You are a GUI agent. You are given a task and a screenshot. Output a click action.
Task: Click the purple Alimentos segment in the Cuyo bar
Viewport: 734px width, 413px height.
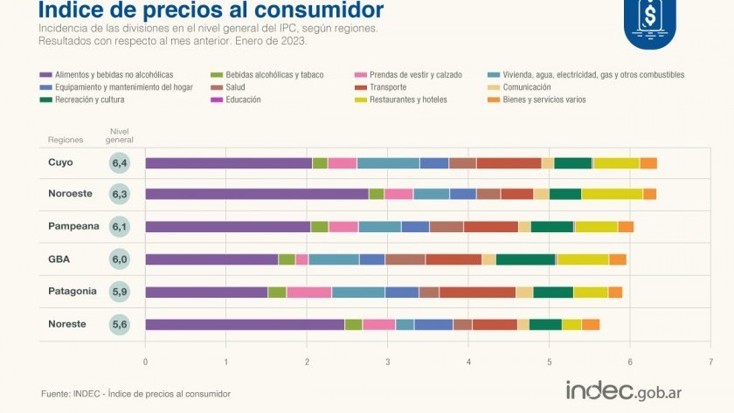228,162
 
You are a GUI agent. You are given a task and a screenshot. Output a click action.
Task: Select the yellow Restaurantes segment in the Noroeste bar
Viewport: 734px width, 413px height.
612,194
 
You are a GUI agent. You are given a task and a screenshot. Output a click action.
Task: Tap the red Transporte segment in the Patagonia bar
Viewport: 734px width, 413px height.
477,292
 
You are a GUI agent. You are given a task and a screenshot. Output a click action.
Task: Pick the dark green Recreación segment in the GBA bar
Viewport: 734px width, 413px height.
525,259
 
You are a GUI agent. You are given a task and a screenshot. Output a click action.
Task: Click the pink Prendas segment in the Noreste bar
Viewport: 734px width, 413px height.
378,324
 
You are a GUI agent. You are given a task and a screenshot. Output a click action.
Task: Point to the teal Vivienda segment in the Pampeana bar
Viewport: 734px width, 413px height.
379,227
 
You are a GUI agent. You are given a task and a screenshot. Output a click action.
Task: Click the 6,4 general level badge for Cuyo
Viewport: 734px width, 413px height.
120,162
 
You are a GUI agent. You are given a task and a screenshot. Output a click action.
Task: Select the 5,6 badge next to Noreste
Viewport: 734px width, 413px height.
120,324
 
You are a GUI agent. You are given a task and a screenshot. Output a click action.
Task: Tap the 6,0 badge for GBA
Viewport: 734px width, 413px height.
120,259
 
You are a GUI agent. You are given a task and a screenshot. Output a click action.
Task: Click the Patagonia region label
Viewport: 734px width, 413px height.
73,291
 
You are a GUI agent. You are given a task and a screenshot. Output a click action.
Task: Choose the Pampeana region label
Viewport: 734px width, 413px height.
72,226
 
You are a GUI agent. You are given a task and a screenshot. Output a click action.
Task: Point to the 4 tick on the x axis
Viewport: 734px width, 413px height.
468,360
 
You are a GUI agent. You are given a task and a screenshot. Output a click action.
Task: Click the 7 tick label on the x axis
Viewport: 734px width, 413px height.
711,360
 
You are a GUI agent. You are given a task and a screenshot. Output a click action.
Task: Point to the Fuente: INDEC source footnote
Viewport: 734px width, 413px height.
135,394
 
